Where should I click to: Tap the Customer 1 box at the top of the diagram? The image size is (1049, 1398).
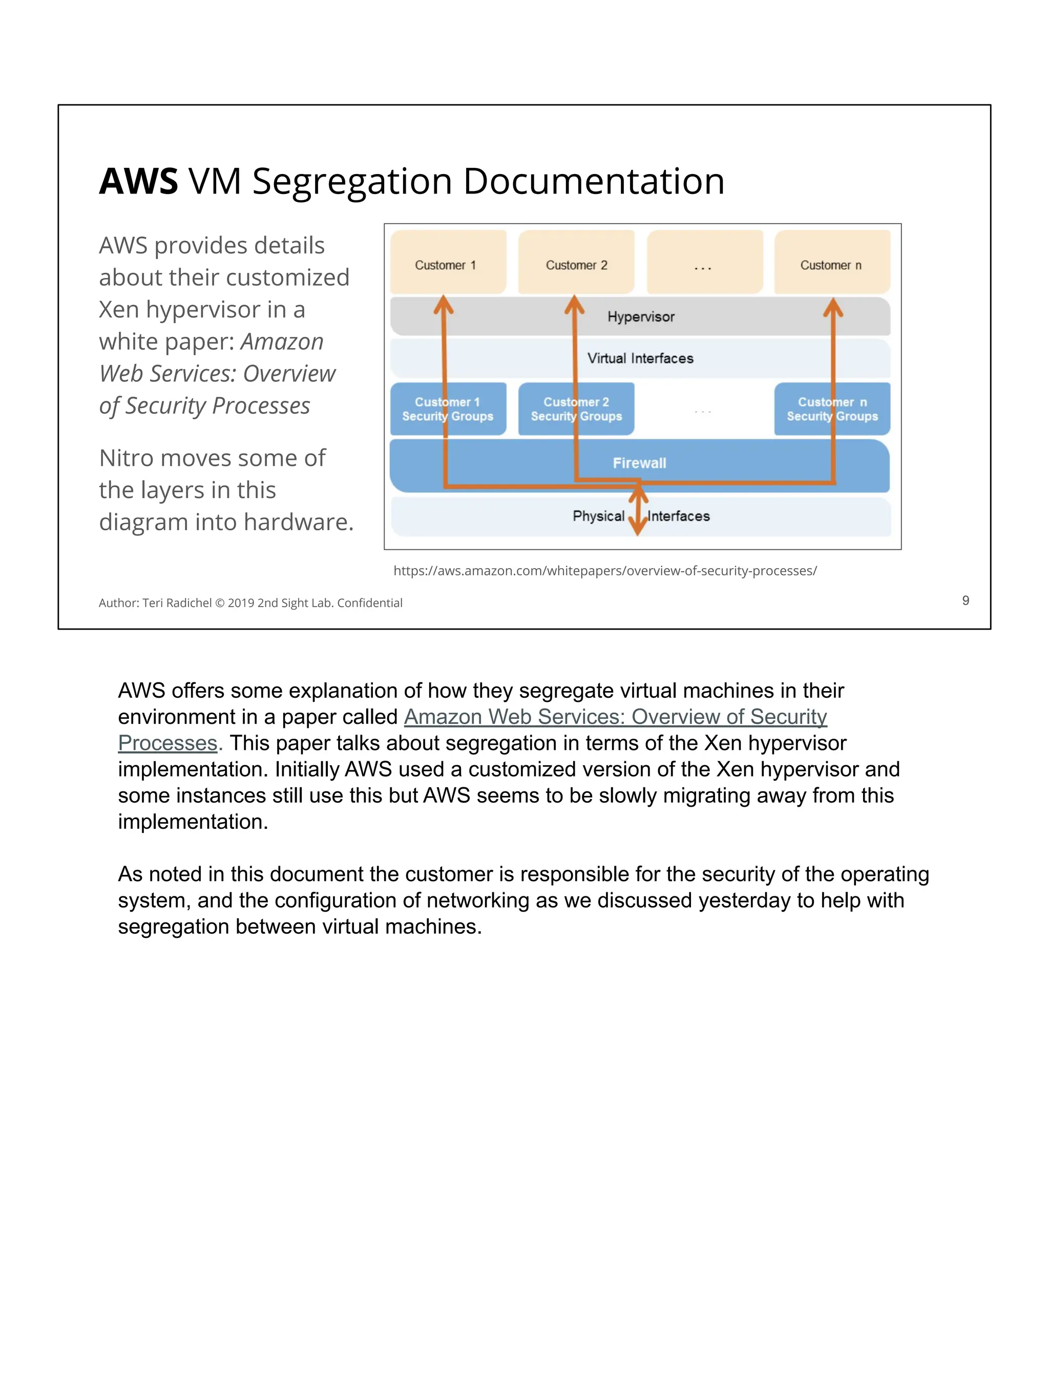point(448,262)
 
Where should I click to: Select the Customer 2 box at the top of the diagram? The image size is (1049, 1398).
point(576,262)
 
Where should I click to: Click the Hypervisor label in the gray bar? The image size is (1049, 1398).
point(641,317)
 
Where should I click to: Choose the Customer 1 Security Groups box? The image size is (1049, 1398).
point(448,409)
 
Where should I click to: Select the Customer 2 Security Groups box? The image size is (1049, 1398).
point(576,409)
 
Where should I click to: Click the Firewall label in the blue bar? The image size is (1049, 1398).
point(639,463)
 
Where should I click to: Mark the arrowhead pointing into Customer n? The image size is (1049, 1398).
point(833,308)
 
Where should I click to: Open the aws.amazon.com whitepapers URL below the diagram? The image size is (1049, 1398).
point(604,571)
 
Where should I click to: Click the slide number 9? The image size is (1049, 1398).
point(965,600)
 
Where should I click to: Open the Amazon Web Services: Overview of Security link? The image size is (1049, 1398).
point(615,717)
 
